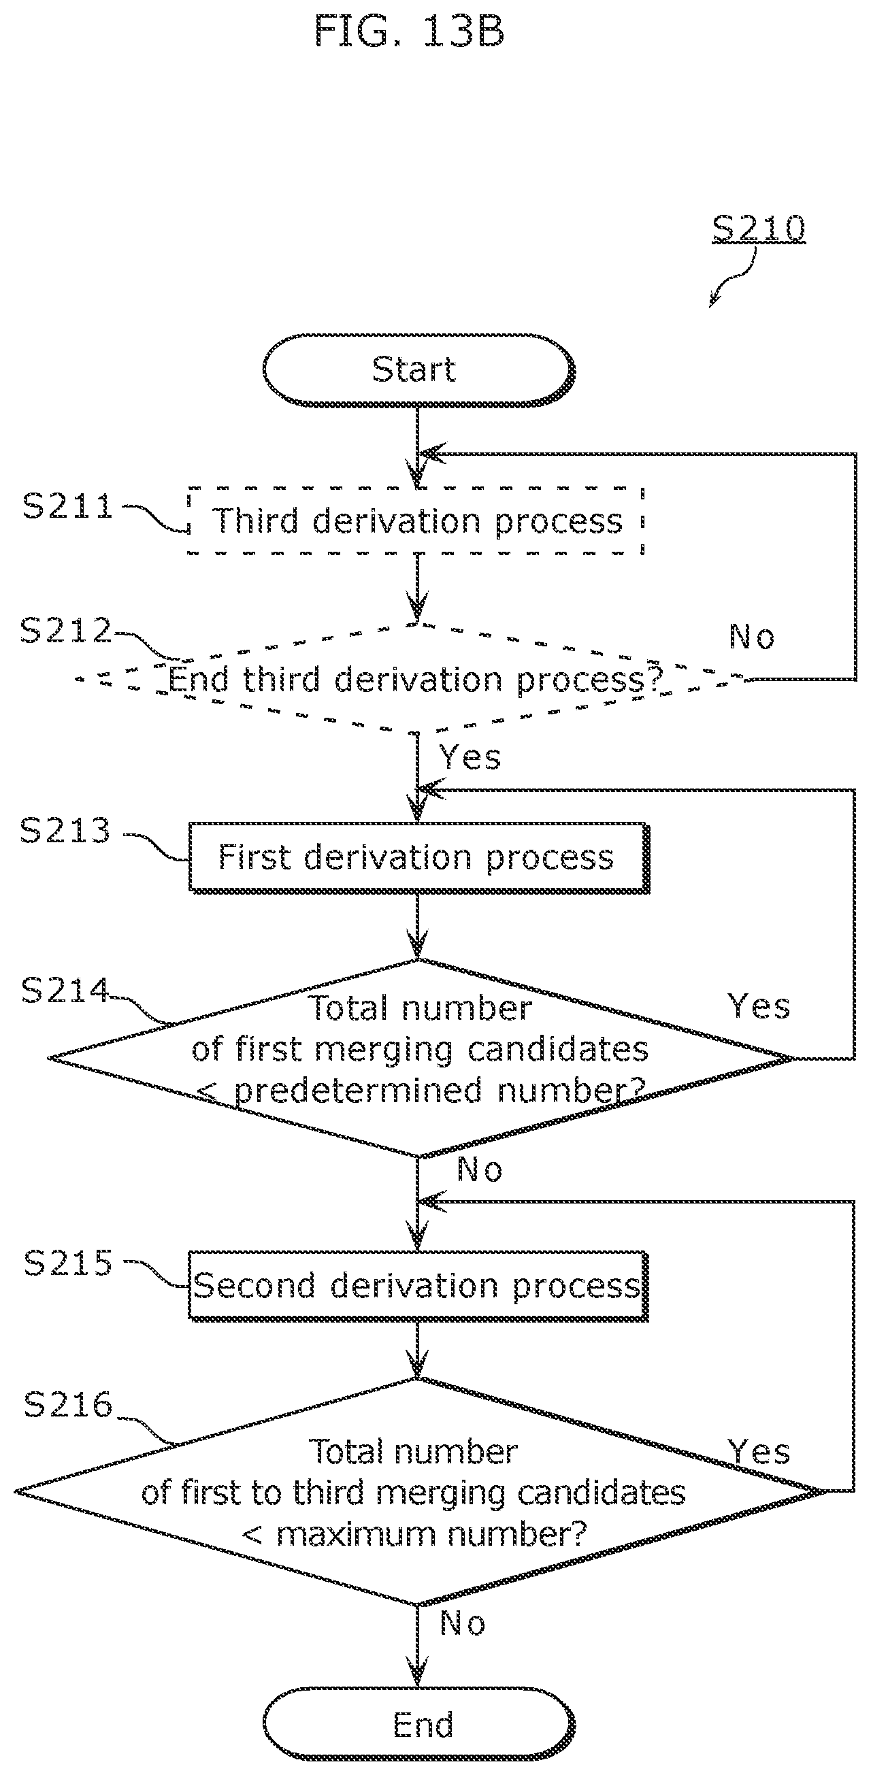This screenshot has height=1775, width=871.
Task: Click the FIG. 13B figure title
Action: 410,32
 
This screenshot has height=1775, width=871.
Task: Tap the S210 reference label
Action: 758,228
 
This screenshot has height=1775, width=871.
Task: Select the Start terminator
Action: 418,370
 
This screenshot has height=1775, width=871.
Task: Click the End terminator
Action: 418,1725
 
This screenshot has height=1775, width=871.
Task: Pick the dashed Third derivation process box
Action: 416,520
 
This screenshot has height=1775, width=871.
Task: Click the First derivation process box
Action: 418,858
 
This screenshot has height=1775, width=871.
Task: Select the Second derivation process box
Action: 418,1286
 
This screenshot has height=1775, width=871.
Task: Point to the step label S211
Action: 67,506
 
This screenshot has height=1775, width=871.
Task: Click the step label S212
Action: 66,631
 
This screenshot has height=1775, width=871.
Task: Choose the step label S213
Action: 65,830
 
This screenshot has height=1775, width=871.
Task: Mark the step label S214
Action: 65,990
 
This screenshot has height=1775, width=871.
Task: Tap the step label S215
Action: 67,1263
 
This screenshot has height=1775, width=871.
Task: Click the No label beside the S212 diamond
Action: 752,637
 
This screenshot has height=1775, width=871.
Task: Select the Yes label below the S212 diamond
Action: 470,757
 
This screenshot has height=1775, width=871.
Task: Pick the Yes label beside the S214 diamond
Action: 759,1006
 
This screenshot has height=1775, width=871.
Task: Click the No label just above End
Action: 462,1623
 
